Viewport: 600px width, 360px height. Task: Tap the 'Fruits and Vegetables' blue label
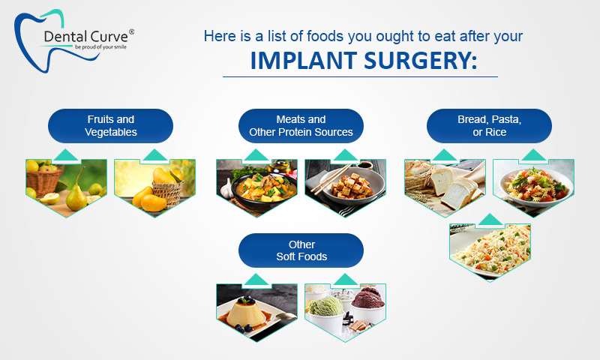point(110,126)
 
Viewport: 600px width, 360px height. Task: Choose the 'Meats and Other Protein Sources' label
point(301,126)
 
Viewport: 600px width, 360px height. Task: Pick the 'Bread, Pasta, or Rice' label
point(489,126)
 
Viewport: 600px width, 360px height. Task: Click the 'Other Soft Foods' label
point(301,250)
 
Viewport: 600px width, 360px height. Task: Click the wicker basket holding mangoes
point(168,193)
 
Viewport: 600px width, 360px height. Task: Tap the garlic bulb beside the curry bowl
point(227,188)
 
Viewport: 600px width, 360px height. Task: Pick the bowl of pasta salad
point(535,186)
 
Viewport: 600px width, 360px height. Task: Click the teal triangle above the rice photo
point(490,219)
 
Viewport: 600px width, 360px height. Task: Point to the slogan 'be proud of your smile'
point(100,47)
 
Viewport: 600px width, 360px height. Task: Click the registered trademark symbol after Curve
point(131,32)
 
